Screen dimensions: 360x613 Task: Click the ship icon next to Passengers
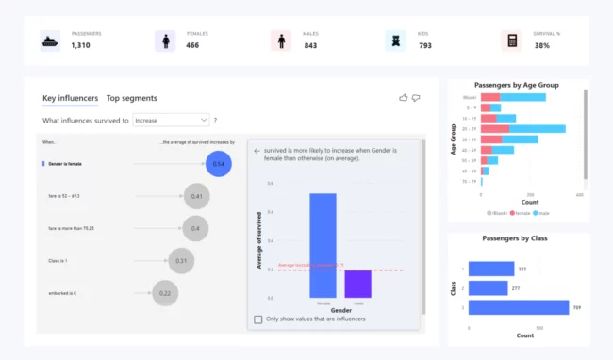[x=50, y=41]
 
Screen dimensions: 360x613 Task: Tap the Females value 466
[x=192, y=45]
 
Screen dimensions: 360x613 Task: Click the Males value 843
[x=309, y=45]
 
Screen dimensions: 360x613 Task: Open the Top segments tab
[x=131, y=98]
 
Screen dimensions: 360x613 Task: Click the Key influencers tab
[x=69, y=98]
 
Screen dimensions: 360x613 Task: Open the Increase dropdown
[x=171, y=121]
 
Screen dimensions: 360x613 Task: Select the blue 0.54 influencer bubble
[x=218, y=164]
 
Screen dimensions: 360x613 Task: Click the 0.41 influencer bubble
[x=196, y=196]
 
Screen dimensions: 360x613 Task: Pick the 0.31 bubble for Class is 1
[x=181, y=261]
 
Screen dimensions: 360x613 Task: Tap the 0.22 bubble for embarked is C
[x=165, y=293]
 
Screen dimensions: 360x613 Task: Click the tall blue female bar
[x=323, y=245]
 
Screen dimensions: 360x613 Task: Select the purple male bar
[x=357, y=284]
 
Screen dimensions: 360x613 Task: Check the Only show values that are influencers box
[x=258, y=319]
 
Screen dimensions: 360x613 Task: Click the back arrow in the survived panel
[x=256, y=150]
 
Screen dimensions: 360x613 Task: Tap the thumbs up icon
[x=404, y=97]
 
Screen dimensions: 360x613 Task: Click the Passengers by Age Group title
[x=516, y=85]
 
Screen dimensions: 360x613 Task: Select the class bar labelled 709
[x=518, y=307]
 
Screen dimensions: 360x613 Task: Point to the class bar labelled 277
[x=488, y=287]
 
